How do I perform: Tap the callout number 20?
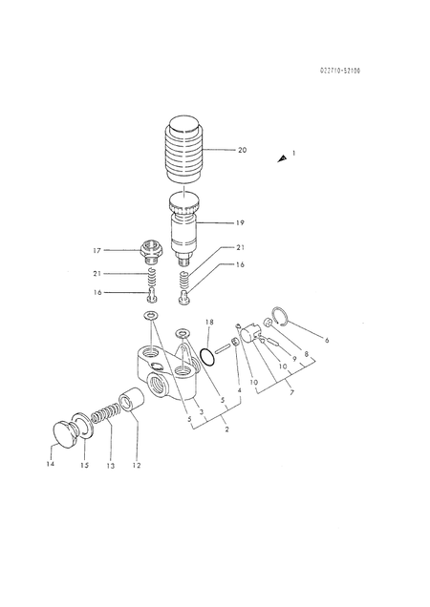click(x=242, y=150)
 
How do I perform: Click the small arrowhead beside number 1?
click(x=281, y=158)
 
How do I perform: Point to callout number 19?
click(x=240, y=222)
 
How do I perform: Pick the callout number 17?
click(x=123, y=250)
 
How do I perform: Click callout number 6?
click(x=327, y=339)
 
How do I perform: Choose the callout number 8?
click(x=306, y=354)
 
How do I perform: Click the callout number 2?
click(x=226, y=429)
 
